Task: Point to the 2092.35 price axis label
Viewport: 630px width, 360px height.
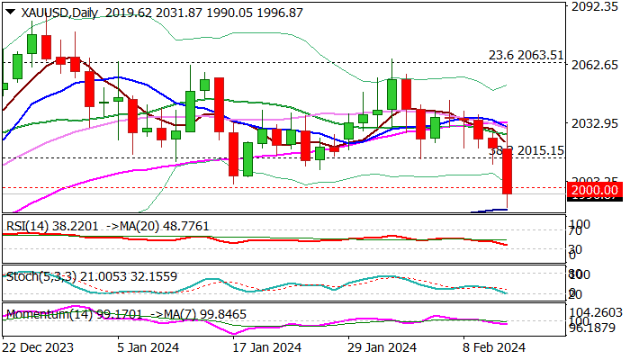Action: click(x=596, y=7)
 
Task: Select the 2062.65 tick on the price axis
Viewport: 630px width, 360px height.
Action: click(x=596, y=65)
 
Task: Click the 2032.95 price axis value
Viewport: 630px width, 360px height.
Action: click(x=596, y=122)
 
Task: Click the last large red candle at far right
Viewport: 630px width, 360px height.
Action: click(x=507, y=171)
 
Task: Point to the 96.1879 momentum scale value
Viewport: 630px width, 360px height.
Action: click(x=596, y=329)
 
